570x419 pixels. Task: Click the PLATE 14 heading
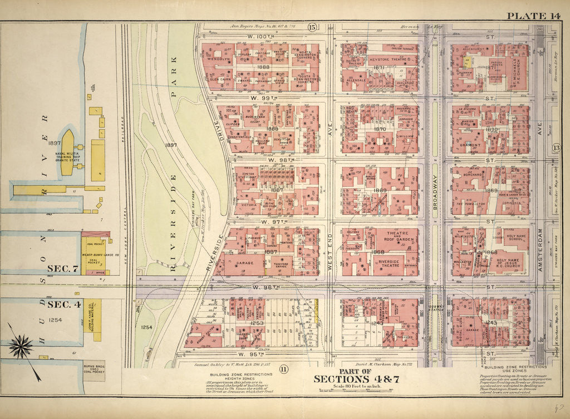[538, 15]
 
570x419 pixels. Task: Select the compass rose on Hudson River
[21, 346]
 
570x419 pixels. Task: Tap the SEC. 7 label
[62, 269]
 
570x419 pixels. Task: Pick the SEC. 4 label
[62, 305]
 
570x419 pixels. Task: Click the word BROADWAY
[436, 190]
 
